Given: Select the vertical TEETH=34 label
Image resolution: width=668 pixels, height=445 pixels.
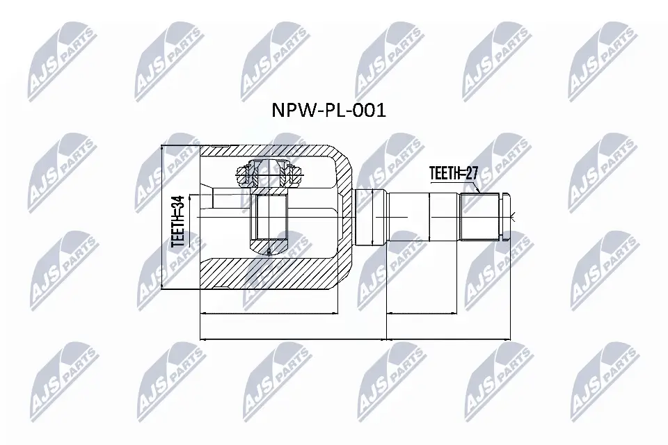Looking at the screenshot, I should point(177,221).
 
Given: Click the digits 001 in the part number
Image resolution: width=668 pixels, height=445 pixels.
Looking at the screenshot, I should point(369,111).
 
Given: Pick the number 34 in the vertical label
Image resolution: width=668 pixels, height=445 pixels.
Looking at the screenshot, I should point(177,204).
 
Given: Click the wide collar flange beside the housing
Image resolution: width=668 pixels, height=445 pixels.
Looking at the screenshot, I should point(369,216).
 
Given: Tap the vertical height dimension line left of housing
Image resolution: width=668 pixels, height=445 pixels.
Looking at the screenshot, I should point(162,217).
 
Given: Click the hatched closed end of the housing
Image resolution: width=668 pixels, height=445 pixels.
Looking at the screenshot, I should point(345,216).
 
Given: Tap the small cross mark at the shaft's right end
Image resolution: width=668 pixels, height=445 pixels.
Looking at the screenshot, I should point(511,217).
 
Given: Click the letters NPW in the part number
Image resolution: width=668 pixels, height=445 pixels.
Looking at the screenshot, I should point(287,111).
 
